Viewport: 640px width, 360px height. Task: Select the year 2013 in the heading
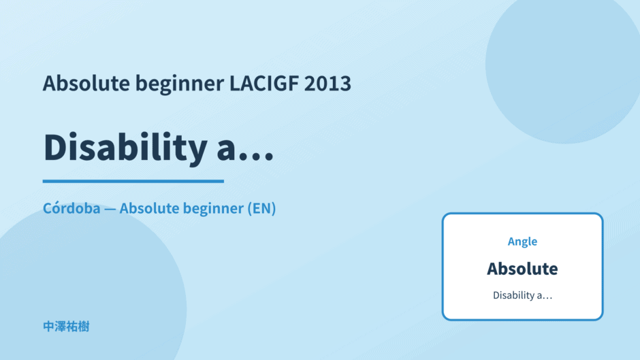tap(327, 83)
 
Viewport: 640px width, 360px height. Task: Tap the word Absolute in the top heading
tap(86, 83)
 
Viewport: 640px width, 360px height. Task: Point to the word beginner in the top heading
tap(180, 84)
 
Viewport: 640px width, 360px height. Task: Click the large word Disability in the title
tap(125, 148)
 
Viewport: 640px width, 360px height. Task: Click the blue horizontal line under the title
tap(133, 181)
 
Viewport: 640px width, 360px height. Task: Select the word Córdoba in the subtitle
tap(71, 208)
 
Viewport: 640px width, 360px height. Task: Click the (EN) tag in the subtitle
tap(261, 208)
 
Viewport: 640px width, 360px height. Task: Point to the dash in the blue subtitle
tap(110, 209)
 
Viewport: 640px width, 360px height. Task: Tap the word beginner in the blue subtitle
tap(213, 208)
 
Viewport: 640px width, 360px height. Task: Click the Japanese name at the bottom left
tap(66, 327)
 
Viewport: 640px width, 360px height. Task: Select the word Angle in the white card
tap(522, 242)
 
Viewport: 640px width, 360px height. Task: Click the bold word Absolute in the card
tap(522, 269)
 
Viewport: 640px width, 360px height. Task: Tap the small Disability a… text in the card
tap(522, 295)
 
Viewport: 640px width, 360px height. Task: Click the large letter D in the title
tap(57, 147)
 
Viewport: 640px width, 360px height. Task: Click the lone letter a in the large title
tap(226, 151)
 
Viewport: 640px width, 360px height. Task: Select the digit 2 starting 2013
tap(310, 83)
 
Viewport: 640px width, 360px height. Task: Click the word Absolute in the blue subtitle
tap(148, 208)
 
